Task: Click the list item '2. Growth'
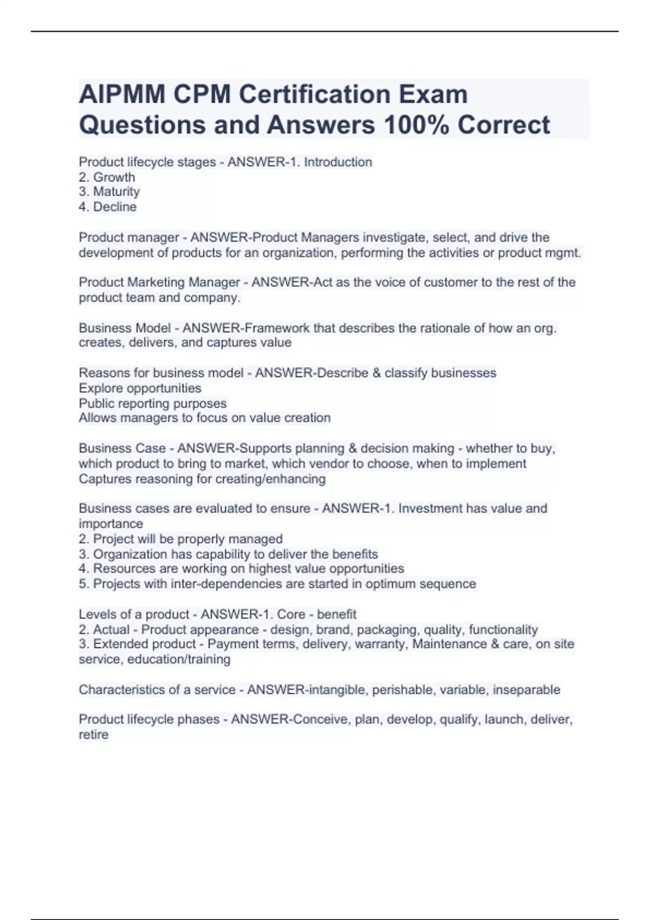click(107, 177)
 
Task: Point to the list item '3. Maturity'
click(109, 192)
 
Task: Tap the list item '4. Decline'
click(107, 207)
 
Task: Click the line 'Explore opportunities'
click(140, 388)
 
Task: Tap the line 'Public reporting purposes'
click(152, 403)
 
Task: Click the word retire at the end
click(93, 735)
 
